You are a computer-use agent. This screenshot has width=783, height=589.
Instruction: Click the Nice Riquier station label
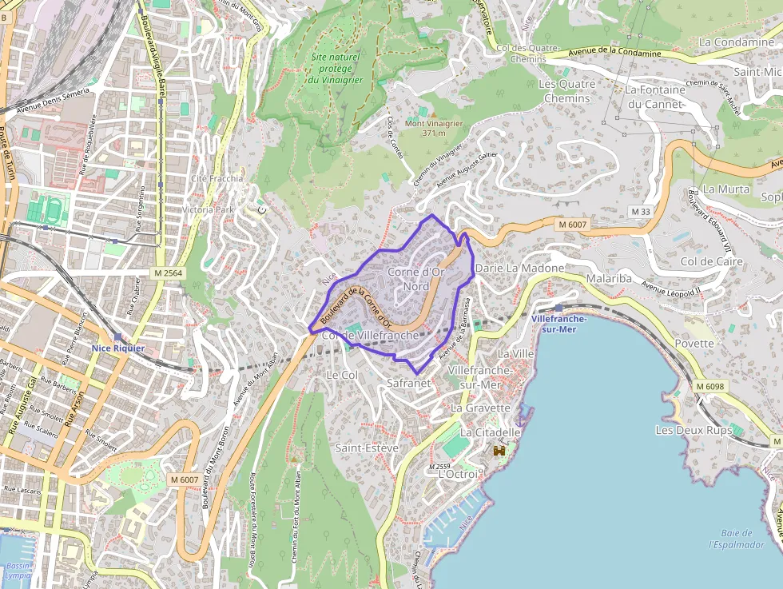click(117, 348)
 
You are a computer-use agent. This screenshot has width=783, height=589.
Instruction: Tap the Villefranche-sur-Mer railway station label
click(558, 324)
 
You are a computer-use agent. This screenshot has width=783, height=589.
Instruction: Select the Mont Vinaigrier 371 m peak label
click(434, 128)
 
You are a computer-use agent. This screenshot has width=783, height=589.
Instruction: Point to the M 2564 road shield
click(166, 273)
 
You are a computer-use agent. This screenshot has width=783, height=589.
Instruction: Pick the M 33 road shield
click(640, 211)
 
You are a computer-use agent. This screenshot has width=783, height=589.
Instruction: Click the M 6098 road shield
click(709, 387)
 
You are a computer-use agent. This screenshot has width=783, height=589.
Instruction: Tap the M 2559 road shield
click(441, 467)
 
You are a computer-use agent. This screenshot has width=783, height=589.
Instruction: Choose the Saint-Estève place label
click(367, 448)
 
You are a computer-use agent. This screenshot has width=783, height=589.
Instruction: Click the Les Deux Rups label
click(694, 430)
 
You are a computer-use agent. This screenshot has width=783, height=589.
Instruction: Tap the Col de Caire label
click(711, 261)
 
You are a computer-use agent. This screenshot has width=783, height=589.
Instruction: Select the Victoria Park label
click(208, 210)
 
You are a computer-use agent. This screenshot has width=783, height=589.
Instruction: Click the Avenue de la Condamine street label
click(615, 53)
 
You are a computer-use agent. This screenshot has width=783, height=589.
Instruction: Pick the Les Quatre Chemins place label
click(567, 91)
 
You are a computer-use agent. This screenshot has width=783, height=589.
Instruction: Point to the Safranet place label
click(408, 383)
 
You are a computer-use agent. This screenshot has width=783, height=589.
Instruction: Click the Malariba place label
click(609, 279)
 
